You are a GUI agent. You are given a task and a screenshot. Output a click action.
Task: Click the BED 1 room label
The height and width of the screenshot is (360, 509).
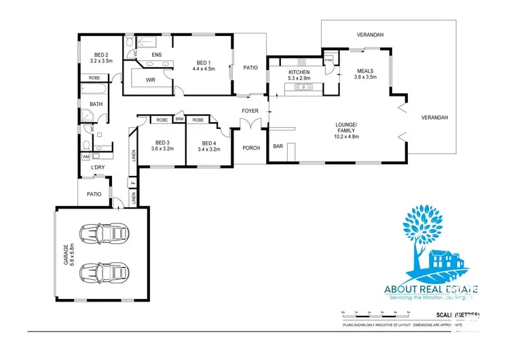[x=203, y=62]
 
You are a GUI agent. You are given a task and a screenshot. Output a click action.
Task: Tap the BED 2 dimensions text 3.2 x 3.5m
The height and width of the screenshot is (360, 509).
[x=103, y=60]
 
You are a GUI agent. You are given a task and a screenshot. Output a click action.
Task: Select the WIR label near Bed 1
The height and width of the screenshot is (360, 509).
[x=151, y=79]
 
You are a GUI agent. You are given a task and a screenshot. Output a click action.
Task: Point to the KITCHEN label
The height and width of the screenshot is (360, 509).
[x=299, y=72]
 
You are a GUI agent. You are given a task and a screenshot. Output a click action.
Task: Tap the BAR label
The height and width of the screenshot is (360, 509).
[x=278, y=146]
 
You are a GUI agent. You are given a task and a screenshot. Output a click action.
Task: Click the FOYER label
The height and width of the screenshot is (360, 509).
[x=251, y=110]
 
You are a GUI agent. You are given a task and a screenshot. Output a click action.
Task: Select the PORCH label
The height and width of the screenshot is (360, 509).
[x=251, y=147]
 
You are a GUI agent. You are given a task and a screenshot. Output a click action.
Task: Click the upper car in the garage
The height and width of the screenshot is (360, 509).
[x=103, y=234]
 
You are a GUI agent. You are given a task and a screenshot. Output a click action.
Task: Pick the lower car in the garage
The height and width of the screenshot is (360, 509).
[x=103, y=274]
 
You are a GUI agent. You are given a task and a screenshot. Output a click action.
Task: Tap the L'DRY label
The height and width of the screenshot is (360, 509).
[x=97, y=166]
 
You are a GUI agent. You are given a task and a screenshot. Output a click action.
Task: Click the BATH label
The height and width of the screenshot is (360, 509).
[x=96, y=104]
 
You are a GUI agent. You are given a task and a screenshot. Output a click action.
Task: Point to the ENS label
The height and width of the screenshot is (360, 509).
[x=156, y=54]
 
